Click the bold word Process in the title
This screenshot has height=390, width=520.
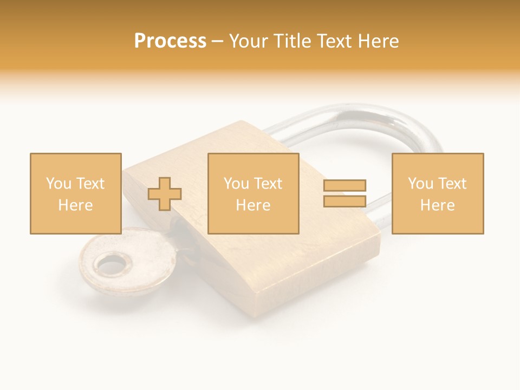coord(170,41)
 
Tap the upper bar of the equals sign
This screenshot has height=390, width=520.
coord(344,185)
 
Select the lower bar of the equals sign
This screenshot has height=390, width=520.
coord(344,201)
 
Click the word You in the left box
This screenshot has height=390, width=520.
coord(58,184)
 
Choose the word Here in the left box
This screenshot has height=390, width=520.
coord(75,205)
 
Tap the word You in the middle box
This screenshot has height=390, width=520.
coord(237,184)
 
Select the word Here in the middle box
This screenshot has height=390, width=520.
coord(253,205)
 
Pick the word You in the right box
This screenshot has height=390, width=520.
coord(421,184)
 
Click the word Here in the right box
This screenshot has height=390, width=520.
coord(437,205)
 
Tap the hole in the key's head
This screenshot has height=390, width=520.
coord(113,265)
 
